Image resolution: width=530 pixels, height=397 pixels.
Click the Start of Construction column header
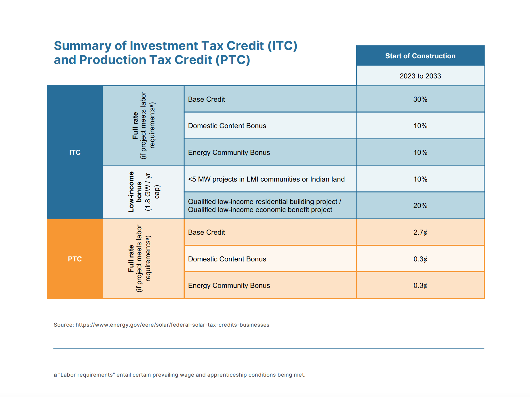(x=420, y=56)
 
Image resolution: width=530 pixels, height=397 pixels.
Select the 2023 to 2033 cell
(x=420, y=76)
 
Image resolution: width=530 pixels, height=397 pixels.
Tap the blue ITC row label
(x=75, y=152)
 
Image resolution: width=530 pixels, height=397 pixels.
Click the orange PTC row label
(x=75, y=259)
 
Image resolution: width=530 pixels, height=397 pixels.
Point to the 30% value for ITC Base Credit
(x=420, y=99)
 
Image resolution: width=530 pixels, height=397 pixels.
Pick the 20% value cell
(x=420, y=206)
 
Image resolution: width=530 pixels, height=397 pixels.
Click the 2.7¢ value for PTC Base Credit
(x=420, y=232)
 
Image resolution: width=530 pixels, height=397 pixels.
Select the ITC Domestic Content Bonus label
(x=227, y=126)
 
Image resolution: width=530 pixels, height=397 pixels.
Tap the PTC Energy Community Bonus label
(x=229, y=286)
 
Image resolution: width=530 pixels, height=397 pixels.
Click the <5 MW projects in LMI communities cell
(x=266, y=179)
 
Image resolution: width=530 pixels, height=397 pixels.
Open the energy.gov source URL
(x=172, y=325)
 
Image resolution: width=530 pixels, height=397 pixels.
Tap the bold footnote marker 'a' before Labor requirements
(x=55, y=375)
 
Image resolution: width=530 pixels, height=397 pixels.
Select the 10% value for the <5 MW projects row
(x=420, y=179)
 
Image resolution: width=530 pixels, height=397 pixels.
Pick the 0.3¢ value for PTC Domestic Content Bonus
(x=420, y=259)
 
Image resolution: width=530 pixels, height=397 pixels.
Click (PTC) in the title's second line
(x=233, y=60)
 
